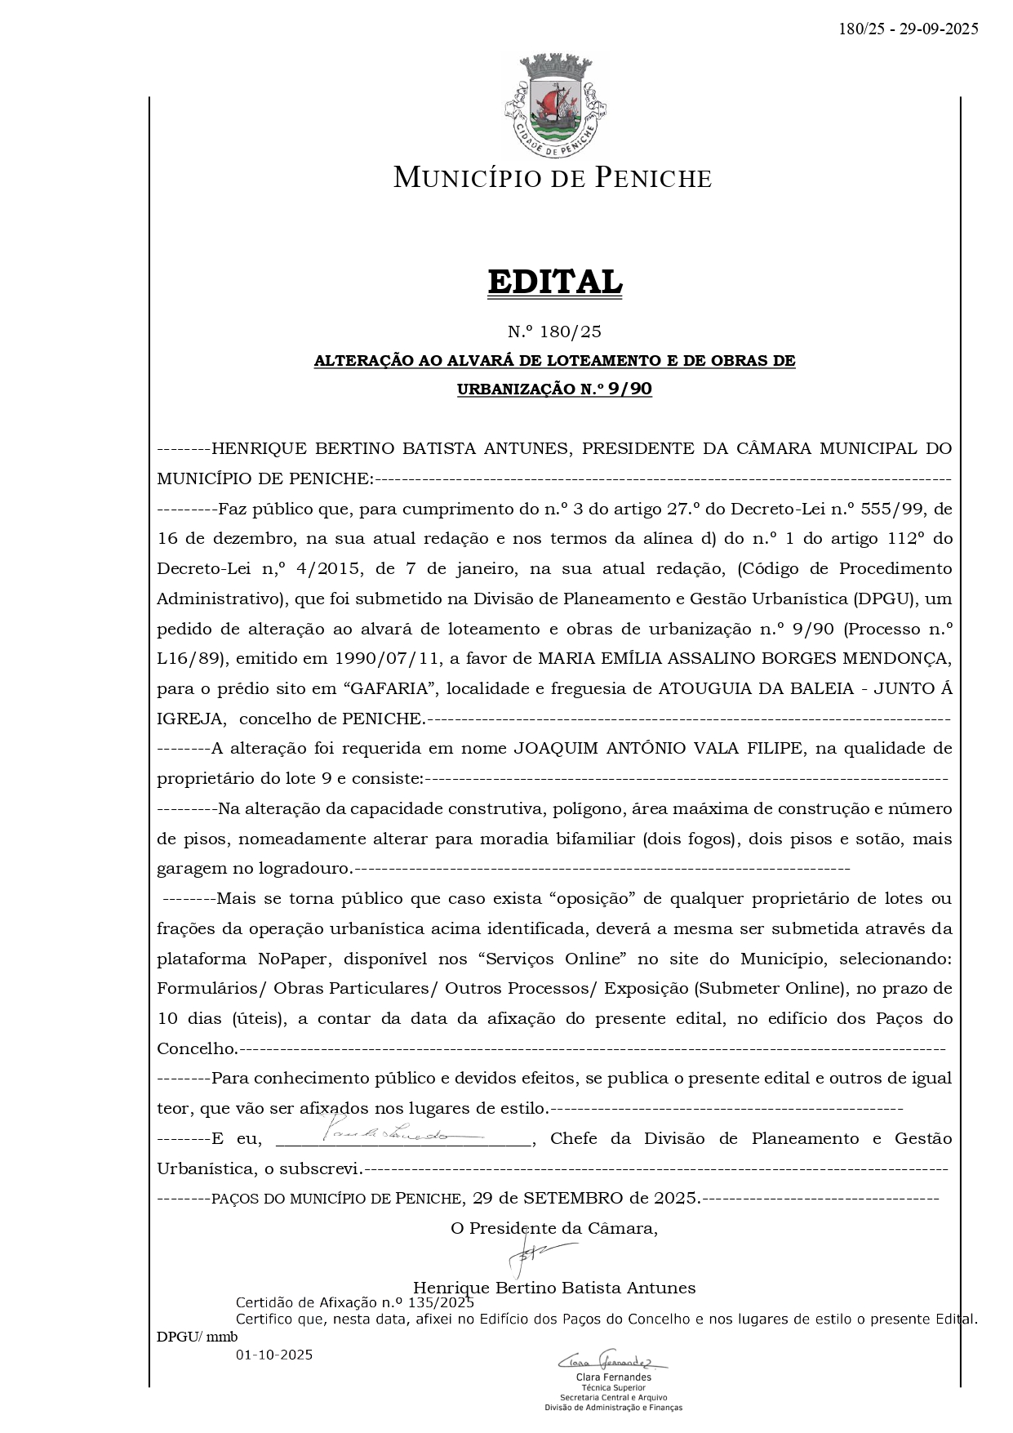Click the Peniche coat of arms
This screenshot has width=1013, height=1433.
[x=554, y=105]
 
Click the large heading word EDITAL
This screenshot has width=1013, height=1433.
[x=554, y=282]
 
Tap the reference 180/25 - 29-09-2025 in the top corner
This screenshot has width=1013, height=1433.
[x=908, y=29]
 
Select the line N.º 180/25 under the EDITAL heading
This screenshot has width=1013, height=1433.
[x=554, y=332]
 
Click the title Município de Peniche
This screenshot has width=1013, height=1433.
[x=553, y=178]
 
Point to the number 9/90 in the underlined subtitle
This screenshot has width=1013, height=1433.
[x=629, y=389]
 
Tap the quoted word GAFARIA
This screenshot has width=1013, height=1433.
[x=391, y=688]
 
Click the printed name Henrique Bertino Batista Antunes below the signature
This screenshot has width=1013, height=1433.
[x=554, y=1288]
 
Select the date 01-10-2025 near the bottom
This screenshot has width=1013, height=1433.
[x=274, y=1355]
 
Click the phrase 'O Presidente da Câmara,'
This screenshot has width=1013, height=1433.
[x=554, y=1228]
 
